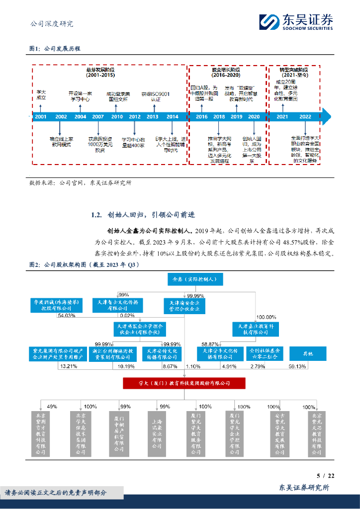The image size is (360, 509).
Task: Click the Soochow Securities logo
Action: pos(295,22)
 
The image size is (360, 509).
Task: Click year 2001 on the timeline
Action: pos(41,117)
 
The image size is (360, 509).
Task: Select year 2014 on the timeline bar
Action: pos(172,117)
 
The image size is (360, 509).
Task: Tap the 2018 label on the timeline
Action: pos(219,117)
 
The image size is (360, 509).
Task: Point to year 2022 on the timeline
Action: pos(305,117)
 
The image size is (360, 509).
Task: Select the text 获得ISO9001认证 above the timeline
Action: pos(152,96)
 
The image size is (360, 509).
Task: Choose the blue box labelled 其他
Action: pos(308,353)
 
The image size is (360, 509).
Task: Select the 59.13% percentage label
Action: pos(311,366)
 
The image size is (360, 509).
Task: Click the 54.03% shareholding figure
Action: pos(67,316)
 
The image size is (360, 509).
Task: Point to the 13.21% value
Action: pos(68,366)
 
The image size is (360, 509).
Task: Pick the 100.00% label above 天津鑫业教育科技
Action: pos(266,317)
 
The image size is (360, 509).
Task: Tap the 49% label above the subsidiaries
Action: pos(52,406)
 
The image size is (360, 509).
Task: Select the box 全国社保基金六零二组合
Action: pos(266,353)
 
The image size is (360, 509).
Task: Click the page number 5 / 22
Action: pos(326,476)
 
